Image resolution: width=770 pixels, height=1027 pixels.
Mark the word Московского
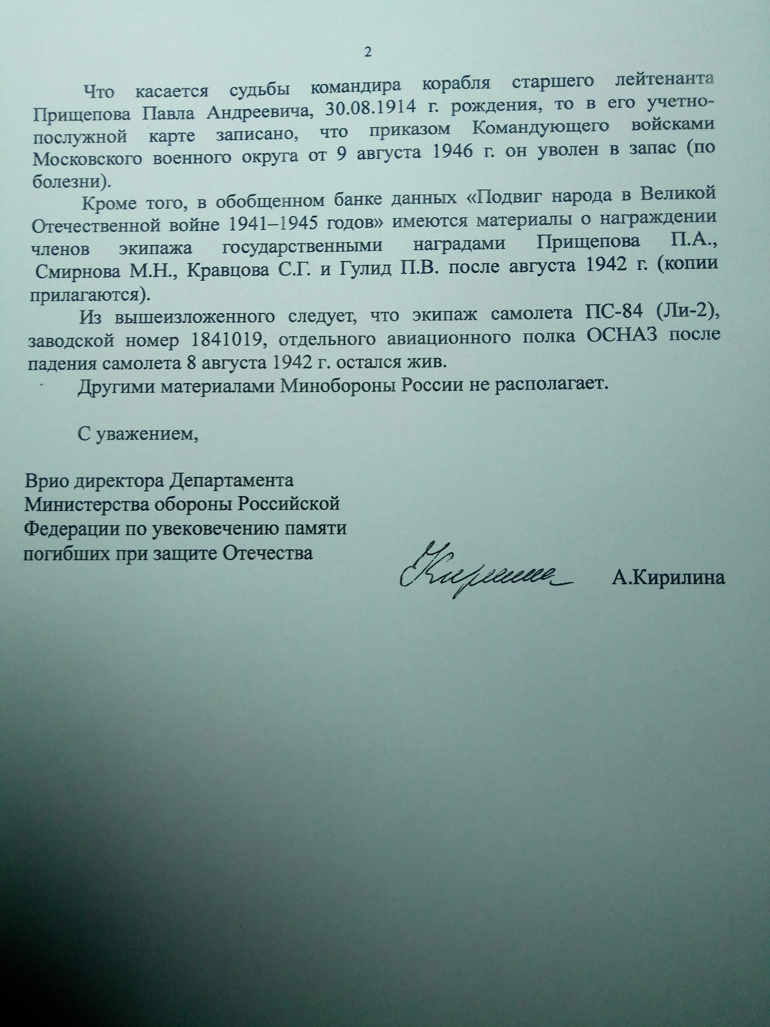(88, 158)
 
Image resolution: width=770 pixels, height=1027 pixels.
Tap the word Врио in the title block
(43, 480)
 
